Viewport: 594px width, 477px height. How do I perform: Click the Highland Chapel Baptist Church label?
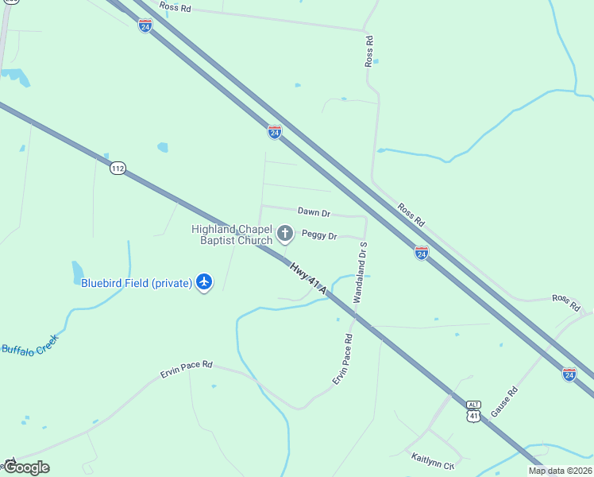coord(232,235)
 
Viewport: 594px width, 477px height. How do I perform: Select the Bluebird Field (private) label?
coord(137,282)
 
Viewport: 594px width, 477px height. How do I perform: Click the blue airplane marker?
coord(205,281)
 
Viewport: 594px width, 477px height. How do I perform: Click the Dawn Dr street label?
coord(314,212)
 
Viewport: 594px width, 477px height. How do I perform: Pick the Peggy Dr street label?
coord(319,236)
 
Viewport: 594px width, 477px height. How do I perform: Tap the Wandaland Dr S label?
coord(359,273)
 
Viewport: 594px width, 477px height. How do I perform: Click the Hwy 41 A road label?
coord(308,281)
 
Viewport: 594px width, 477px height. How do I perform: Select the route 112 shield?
coord(118,168)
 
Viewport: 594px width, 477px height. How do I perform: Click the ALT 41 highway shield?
coord(473,411)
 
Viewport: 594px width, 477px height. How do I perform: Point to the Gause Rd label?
coord(503,401)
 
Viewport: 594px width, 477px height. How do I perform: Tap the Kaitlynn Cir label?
coord(433,459)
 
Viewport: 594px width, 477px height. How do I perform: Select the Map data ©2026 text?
coord(560,471)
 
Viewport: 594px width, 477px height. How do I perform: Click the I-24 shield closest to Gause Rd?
coord(569,374)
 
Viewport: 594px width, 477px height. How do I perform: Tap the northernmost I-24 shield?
coord(145,25)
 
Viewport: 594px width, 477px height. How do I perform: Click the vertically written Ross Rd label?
coord(368,51)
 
